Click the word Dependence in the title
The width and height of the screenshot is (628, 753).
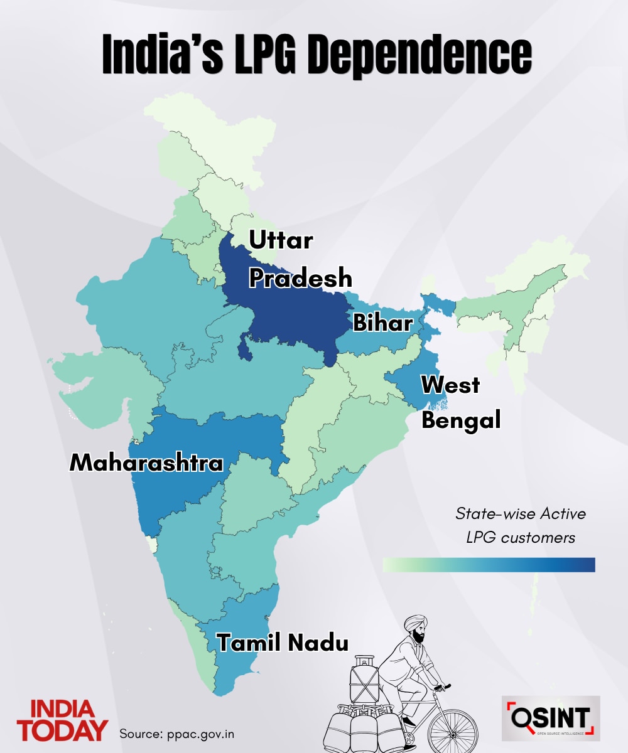[418, 56]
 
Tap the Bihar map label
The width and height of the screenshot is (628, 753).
[382, 323]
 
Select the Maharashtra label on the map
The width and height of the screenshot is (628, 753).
[146, 463]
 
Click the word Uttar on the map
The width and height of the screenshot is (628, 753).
[281, 240]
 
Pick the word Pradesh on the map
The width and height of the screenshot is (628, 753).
[301, 277]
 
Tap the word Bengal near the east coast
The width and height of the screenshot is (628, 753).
[461, 420]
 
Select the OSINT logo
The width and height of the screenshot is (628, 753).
[551, 717]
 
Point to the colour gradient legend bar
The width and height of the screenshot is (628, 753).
[489, 565]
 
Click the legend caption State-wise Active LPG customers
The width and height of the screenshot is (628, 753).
[521, 526]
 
